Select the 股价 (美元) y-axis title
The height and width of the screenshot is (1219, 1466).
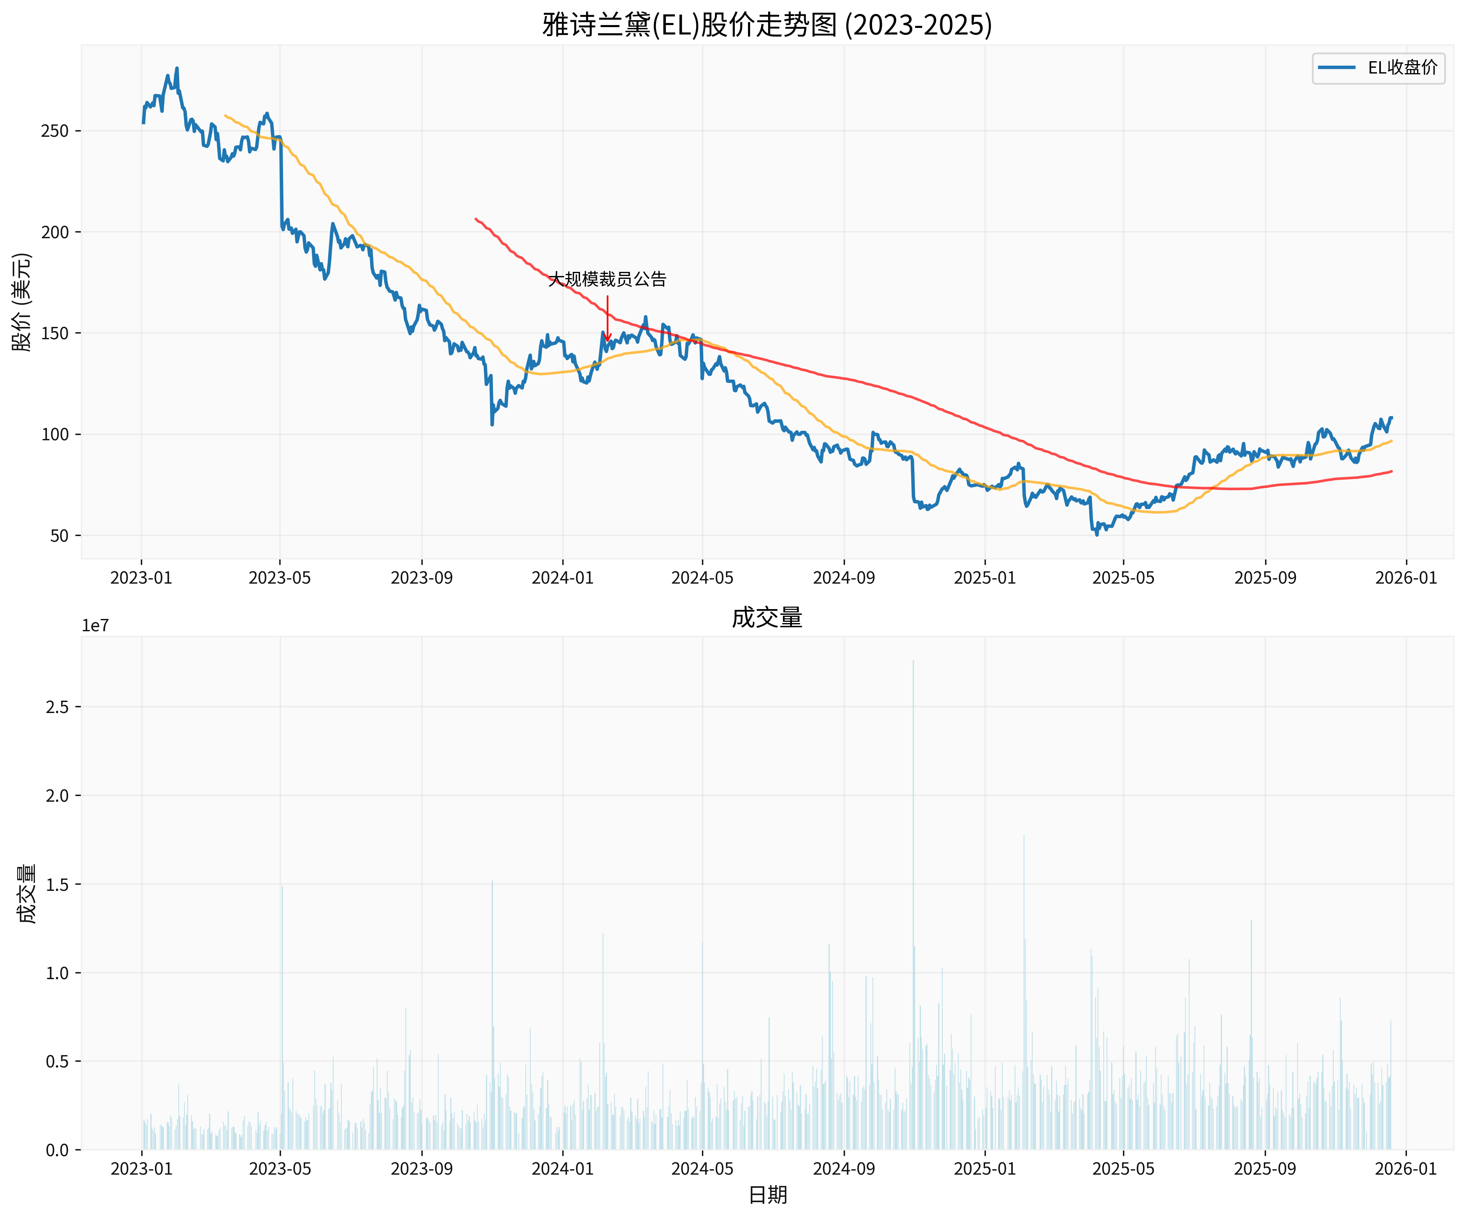[x=22, y=301]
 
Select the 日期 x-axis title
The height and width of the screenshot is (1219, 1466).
[x=767, y=1195]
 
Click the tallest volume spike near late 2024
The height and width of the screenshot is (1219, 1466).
[x=912, y=663]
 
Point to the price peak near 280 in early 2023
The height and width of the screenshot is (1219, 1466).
[x=177, y=69]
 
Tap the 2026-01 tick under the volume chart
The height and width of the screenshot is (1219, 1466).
[x=1405, y=1169]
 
